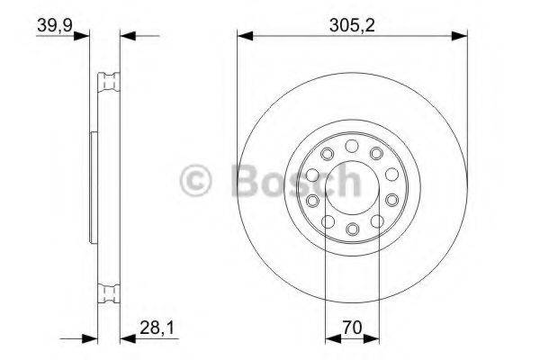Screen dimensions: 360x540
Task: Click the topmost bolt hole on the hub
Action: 352,144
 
